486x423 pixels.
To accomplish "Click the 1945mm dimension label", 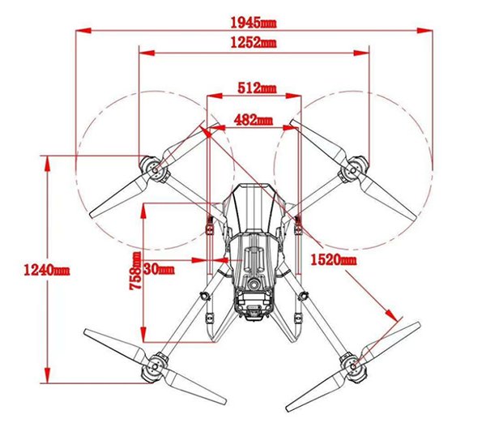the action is coord(254,23).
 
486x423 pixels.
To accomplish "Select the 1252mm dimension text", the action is coord(254,42).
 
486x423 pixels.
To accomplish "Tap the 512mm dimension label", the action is coord(257,88).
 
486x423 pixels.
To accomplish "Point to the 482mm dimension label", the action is coord(254,120).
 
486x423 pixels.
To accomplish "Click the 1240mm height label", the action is coord(47,270).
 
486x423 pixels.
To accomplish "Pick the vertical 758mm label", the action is coord(135,271).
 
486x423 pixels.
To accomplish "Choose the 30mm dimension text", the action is coord(160,269).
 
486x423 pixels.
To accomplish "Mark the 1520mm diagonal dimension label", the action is coord(333,259).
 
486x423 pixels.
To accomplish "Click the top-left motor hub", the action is coord(155,169).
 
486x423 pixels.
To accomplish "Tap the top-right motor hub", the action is coord(353,169).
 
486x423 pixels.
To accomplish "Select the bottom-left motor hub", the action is coord(155,367).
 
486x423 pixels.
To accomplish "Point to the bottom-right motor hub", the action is coord(353,367).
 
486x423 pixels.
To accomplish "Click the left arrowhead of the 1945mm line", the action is coord(83,31).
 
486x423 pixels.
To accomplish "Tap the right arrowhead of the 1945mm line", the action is coord(424,31).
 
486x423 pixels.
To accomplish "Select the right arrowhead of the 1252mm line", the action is coord(361,53).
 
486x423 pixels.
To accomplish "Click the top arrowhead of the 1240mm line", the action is coord(47,163).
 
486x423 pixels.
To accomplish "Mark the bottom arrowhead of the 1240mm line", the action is coord(47,375).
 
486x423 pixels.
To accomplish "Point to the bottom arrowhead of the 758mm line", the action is coord(143,335).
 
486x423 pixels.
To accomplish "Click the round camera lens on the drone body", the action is coord(254,283).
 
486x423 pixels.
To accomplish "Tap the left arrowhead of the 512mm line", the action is coord(215,96).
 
